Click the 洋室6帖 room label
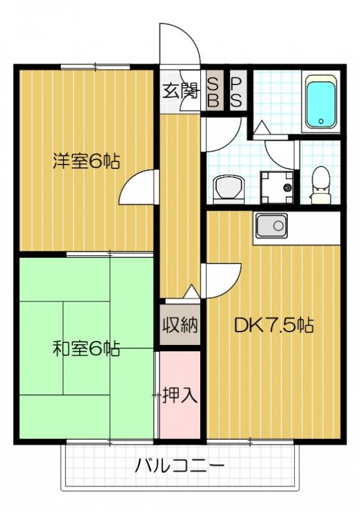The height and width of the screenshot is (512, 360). coord(86,161)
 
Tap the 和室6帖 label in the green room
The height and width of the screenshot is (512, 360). coord(86,349)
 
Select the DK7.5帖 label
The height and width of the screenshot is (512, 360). coord(274,325)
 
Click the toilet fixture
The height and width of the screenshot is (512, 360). coord(320,185)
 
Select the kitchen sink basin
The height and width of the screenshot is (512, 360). coord(272,226)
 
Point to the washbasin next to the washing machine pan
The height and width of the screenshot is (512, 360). coord(229,189)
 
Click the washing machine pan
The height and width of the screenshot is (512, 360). coord(277,187)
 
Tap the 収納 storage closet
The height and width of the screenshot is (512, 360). coord(180,324)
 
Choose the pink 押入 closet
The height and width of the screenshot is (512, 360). coord(180,394)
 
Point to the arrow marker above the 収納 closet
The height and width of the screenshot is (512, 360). coord(191,292)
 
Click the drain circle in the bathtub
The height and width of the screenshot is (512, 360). coord(321,121)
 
